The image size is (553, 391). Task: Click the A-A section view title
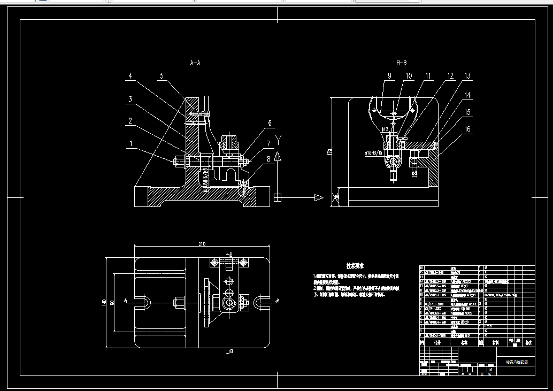tap(195, 63)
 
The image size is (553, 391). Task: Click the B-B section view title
tap(401, 63)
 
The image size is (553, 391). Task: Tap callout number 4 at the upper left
tap(130, 76)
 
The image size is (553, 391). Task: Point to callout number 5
tap(161, 76)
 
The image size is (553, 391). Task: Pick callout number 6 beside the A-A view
tap(270, 123)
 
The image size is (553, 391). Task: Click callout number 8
tap(268, 158)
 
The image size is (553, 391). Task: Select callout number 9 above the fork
tap(390, 76)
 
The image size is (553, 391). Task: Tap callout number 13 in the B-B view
tap(467, 76)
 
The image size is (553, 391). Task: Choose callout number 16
tap(467, 129)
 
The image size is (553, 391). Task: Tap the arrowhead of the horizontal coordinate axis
tap(319, 197)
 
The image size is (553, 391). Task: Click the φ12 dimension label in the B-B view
tap(384, 129)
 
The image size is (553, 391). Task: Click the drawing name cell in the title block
tap(516, 362)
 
